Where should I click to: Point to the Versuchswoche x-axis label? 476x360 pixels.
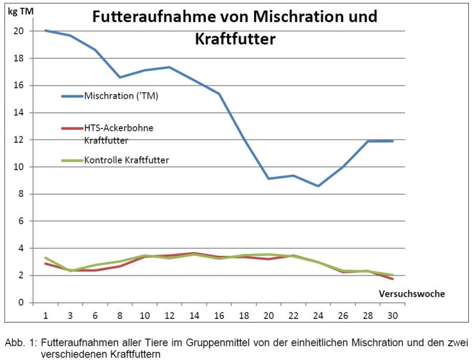point(411,294)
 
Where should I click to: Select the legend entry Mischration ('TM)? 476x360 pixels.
point(121,96)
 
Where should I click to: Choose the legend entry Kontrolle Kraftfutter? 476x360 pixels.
point(126,159)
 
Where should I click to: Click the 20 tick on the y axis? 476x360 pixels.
point(19,31)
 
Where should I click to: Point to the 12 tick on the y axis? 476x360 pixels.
point(19,140)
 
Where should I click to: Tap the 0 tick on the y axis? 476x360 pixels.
point(21,302)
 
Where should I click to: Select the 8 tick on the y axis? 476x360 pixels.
point(21,194)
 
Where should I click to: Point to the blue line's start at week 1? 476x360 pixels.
point(45,30)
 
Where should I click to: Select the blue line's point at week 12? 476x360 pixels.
point(170,67)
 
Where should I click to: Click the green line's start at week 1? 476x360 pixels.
point(45,258)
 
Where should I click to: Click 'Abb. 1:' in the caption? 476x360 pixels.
point(20,343)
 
